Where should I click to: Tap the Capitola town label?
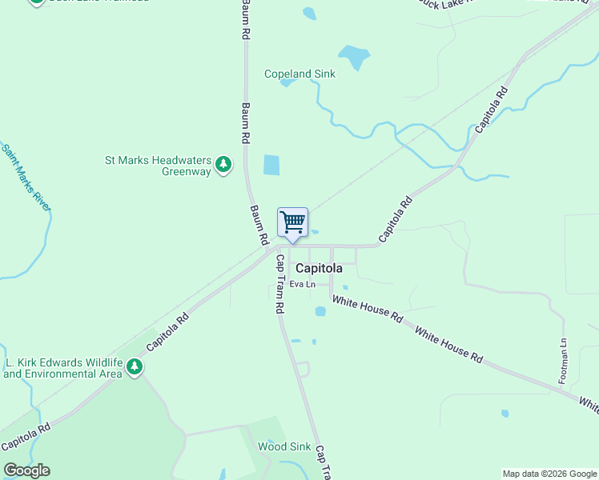(x=319, y=269)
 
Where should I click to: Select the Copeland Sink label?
(x=300, y=74)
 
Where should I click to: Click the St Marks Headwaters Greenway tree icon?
(x=225, y=166)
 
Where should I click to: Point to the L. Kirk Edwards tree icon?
(x=135, y=367)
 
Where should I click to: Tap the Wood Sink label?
(x=283, y=446)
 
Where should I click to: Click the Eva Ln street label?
(x=302, y=284)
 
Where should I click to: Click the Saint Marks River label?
(x=26, y=178)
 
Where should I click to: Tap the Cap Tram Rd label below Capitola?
(x=280, y=284)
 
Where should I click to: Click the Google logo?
(x=26, y=470)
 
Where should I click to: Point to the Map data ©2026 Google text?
(x=549, y=474)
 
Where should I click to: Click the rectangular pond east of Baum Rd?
(x=272, y=166)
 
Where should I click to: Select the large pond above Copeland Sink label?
(x=353, y=57)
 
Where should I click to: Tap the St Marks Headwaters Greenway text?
(x=158, y=166)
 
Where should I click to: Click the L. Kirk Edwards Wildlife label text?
(x=62, y=368)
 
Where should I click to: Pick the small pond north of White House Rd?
(x=320, y=312)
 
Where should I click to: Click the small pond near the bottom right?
(x=505, y=414)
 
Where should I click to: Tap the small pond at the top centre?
(x=309, y=13)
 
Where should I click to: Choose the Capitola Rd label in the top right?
(x=492, y=110)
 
